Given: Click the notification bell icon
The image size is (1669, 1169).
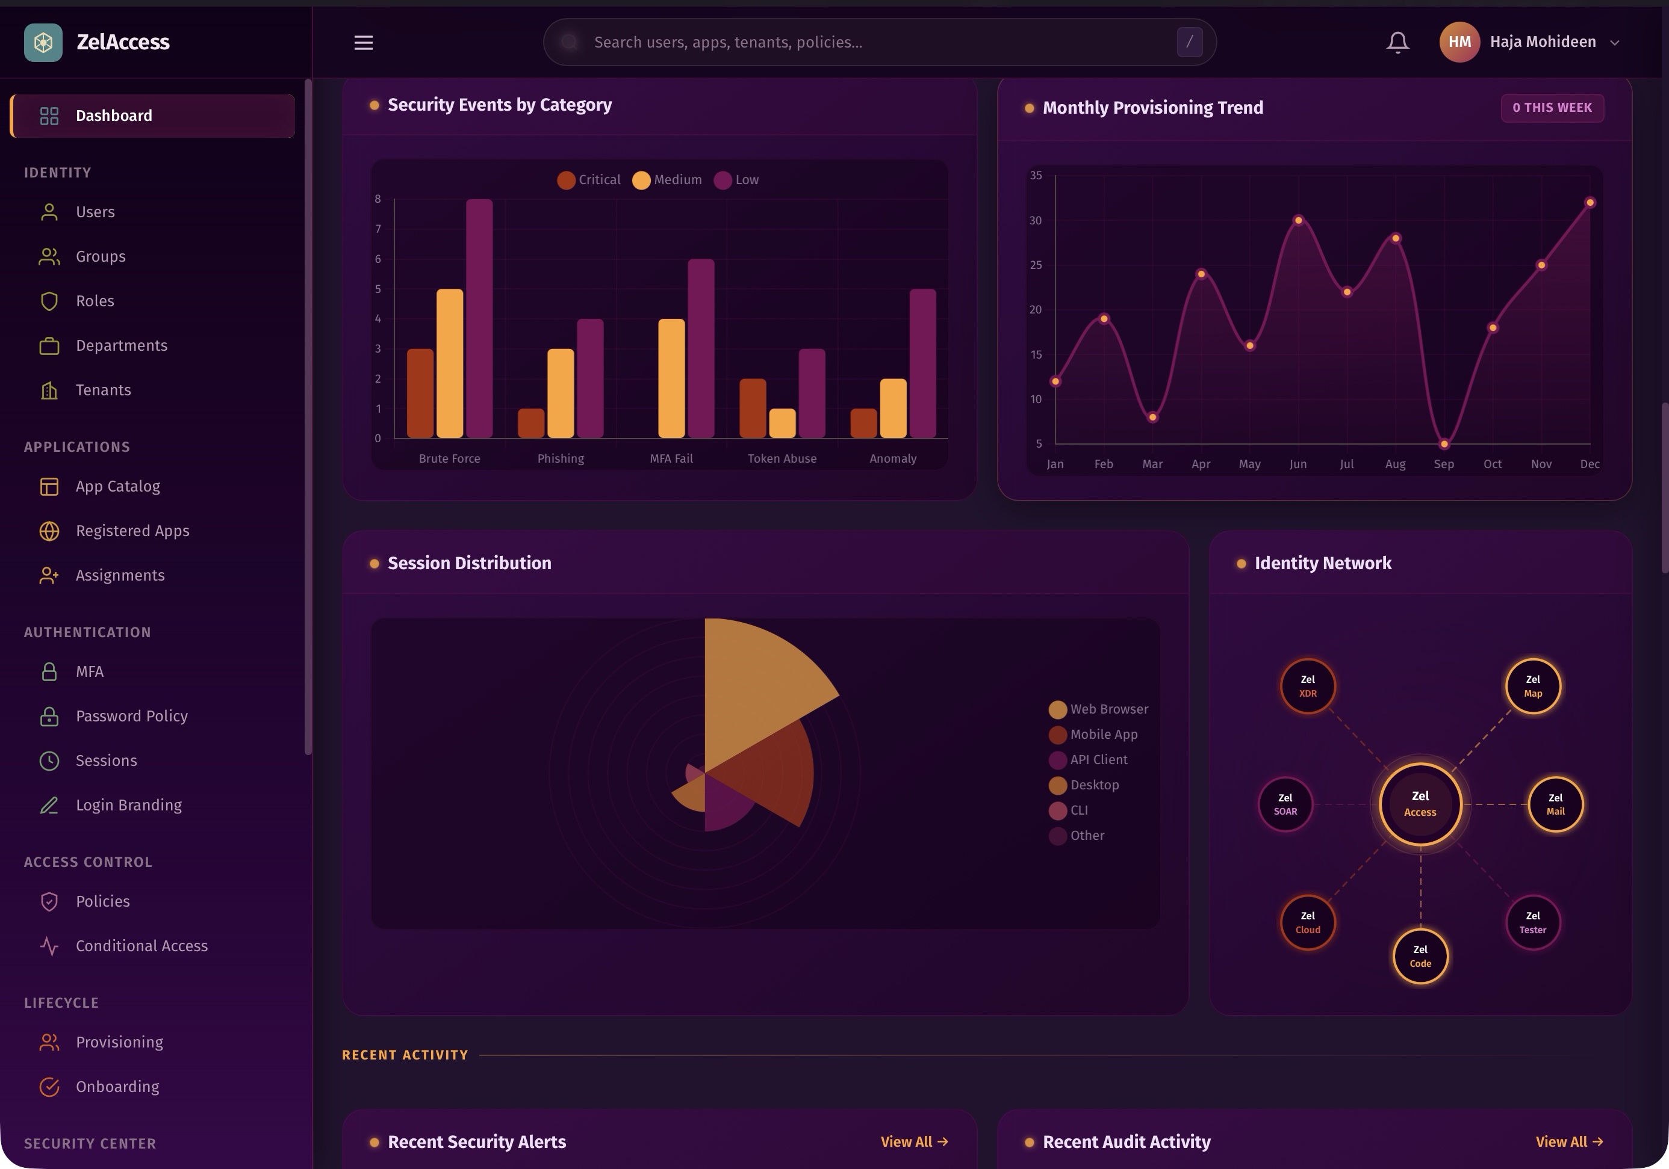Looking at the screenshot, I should [1397, 42].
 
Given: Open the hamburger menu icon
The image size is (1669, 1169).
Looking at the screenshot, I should [364, 42].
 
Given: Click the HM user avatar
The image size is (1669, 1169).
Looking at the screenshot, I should [1459, 42].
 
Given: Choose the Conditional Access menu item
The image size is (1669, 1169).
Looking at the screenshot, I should [141, 945].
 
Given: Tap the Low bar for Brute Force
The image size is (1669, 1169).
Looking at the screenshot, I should [479, 318].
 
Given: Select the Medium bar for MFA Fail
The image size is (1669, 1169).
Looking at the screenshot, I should [671, 378].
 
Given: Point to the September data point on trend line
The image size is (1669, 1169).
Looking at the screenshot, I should [1444, 444].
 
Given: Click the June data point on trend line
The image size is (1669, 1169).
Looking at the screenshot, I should [1298, 220].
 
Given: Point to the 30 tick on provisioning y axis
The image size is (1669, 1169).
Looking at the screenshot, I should [1035, 220].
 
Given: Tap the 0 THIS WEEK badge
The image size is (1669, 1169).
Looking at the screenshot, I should [1552, 108].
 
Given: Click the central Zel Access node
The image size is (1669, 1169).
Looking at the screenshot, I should [1420, 804].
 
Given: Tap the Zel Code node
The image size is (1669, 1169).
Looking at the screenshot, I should [1420, 955].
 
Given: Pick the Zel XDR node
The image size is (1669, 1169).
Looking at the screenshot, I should [1307, 686].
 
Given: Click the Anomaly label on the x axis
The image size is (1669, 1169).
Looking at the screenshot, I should [893, 458].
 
